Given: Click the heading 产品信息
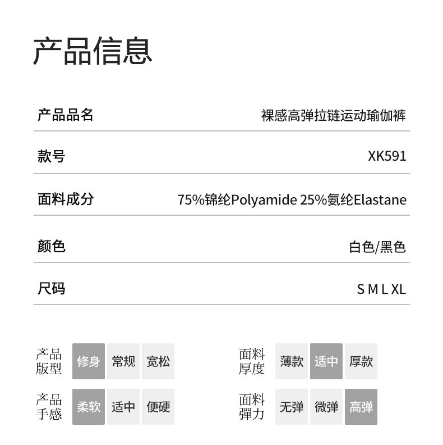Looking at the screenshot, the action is pos(93,51).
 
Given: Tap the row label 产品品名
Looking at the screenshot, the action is pos(65,115).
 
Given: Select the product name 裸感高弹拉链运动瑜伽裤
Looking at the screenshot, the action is pos(333,116).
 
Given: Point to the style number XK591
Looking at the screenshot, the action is pos(387,156).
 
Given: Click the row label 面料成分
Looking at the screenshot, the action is pos(65,199).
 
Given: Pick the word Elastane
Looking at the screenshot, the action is pos(380,200).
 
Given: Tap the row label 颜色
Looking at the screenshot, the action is pos(51,246).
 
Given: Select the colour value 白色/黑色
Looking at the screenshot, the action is pos(377,247).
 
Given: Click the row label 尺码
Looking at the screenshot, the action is pos(51,289).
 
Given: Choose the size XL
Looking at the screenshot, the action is pos(398,289).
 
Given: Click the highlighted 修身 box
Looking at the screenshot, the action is pos(89,361).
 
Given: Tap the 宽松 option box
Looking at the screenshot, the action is pos(158,361).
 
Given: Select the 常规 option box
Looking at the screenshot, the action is pos(123,361).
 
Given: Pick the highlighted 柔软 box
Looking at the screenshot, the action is pos(89,407).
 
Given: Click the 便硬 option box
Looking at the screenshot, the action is pos(158,407).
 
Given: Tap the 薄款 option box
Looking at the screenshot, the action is pos(292,361).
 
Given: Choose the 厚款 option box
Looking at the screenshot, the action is pos(361,361).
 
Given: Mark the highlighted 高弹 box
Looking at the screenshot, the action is pos(361,407).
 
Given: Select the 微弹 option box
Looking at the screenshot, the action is pos(326,407).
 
